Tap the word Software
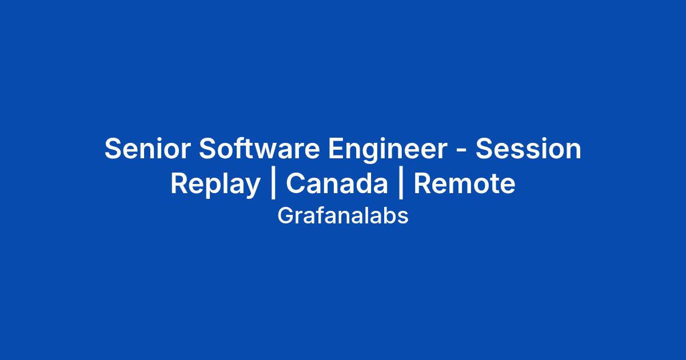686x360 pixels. pos(260,149)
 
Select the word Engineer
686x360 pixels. pos(388,150)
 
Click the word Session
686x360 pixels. pos(528,149)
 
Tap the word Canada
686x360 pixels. pos(337,183)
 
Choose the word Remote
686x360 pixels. pos(465,183)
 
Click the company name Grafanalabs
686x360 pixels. pos(343,216)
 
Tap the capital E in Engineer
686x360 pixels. pos(337,149)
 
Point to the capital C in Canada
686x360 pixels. pos(296,183)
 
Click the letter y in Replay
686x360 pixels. pos(251,188)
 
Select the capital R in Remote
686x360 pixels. pos(423,183)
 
